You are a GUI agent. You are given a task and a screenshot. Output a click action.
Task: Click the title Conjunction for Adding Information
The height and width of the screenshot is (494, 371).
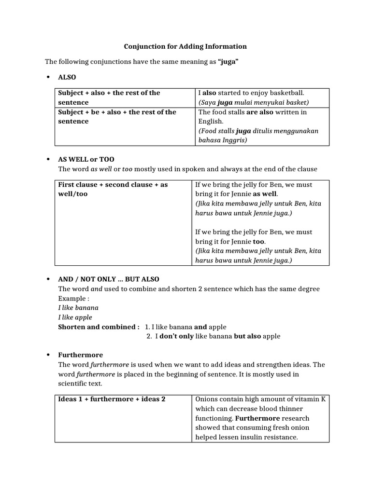click(x=185, y=46)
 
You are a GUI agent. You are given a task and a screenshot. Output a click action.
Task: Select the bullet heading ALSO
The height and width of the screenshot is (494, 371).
click(x=67, y=77)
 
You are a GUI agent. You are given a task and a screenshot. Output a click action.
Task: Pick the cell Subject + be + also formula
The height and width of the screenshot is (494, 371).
click(x=117, y=116)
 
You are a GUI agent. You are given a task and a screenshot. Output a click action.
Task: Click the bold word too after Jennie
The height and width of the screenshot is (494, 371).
click(x=259, y=241)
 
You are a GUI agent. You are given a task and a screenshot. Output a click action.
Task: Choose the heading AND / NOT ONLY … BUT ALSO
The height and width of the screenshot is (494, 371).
click(x=108, y=279)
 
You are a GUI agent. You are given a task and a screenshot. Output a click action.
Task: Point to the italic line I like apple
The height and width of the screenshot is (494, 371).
click(x=75, y=317)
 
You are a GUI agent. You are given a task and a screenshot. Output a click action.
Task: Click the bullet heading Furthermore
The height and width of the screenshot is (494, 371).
click(x=80, y=355)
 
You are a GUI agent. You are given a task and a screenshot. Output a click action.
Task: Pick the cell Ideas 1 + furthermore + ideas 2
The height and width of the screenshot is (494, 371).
click(x=112, y=399)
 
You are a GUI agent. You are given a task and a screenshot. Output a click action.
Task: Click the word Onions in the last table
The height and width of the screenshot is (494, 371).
click(x=207, y=399)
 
